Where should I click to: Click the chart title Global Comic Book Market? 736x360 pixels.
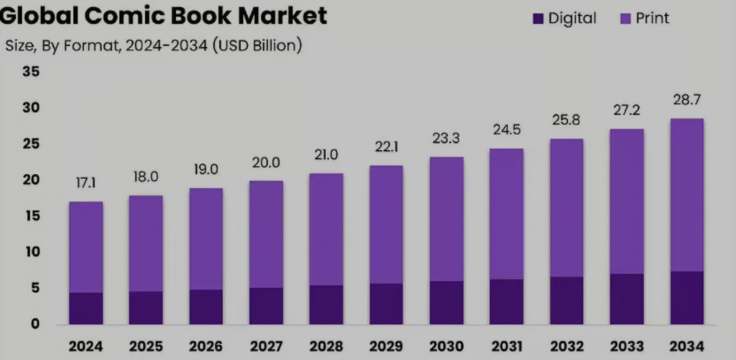click(x=163, y=15)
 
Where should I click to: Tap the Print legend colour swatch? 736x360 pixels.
click(x=625, y=19)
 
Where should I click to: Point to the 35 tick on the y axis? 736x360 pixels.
click(x=31, y=72)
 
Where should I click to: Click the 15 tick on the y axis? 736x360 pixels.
click(x=31, y=216)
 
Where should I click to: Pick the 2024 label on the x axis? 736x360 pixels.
click(x=86, y=346)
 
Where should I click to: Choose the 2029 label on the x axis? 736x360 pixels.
click(x=386, y=346)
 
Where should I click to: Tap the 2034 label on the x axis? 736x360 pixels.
click(x=686, y=346)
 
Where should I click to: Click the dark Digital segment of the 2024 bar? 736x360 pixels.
click(x=86, y=308)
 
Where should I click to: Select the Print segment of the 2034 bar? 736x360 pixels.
click(x=686, y=195)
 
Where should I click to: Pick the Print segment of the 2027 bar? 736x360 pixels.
click(x=266, y=234)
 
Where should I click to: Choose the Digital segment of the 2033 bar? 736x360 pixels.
click(x=626, y=299)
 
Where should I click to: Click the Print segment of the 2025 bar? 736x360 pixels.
click(x=146, y=244)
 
